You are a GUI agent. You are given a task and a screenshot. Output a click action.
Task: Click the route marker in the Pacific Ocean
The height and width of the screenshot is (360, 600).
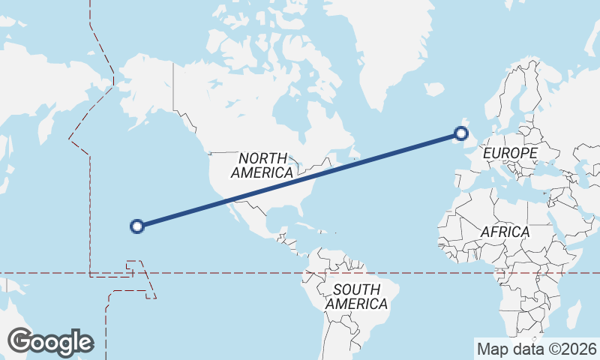coord(137,226)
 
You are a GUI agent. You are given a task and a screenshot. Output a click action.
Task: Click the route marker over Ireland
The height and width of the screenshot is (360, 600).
coord(461,134)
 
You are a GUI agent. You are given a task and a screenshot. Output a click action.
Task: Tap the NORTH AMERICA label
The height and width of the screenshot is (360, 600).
coord(262,165)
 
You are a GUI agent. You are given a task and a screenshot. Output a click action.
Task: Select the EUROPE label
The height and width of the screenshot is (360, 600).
coord(510,153)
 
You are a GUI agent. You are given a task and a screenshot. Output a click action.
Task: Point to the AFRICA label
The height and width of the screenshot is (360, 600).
coord(505,232)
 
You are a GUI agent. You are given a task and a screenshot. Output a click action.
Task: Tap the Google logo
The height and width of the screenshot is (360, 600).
coord(49,341)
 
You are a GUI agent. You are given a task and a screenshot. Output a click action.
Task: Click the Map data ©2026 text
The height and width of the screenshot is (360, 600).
coord(536,349)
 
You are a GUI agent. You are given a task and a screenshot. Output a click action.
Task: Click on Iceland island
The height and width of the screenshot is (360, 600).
coord(433,89)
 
